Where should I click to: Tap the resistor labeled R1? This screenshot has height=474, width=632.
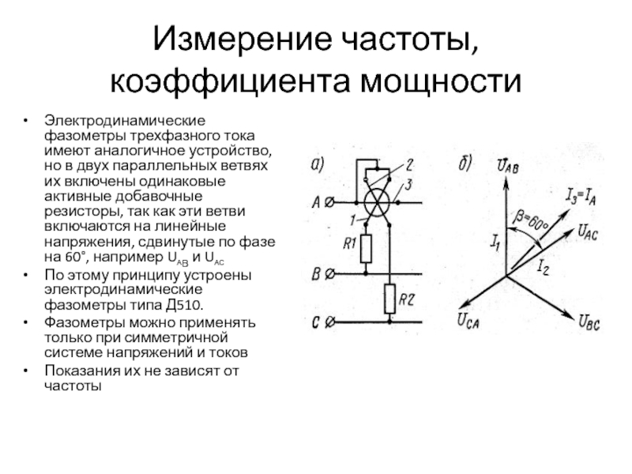(365, 249)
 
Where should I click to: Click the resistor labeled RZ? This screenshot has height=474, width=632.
(389, 298)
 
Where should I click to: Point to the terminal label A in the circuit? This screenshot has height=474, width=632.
(318, 202)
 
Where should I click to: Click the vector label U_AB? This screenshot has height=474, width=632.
(509, 165)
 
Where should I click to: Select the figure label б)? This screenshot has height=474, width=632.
(465, 165)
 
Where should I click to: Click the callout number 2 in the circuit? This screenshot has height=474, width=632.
(410, 165)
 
